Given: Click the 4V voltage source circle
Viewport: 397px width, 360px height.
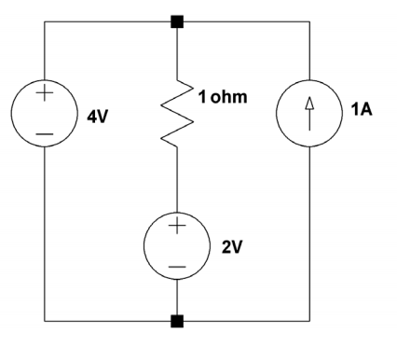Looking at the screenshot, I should coord(45,117).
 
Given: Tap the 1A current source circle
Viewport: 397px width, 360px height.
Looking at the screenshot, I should coord(308,118).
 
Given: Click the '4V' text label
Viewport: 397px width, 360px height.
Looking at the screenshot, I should coord(97,121).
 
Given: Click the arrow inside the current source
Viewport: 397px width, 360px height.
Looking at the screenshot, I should coord(308,117).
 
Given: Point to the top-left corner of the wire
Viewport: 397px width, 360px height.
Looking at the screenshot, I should coord(45,20).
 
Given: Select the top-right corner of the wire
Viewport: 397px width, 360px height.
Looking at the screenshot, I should coord(308,20).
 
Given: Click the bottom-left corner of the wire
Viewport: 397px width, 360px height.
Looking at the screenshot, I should coord(45,322).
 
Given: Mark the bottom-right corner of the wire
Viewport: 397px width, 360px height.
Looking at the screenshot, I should coord(308,322).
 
